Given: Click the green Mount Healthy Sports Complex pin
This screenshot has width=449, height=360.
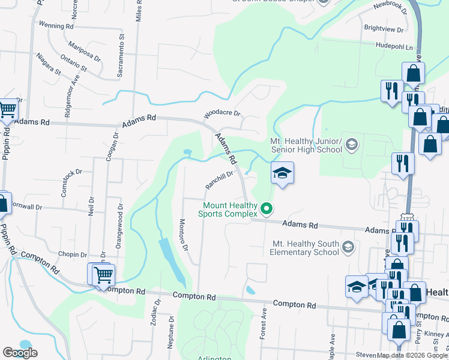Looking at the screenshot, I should [267, 209].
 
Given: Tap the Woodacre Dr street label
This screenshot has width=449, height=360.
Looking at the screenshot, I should [222, 113].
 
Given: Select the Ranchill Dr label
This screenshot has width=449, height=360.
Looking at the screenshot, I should [218, 180].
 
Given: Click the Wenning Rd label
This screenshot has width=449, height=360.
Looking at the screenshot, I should [55, 26].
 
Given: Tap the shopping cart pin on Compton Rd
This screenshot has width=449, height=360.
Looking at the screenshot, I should [103, 274].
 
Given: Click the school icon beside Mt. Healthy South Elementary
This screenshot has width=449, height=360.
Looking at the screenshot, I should [348, 247].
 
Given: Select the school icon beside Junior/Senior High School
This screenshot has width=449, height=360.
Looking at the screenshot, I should [351, 143].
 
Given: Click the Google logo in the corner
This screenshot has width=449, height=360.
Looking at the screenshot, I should [20, 353].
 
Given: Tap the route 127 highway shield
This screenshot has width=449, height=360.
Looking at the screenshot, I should [407, 220].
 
